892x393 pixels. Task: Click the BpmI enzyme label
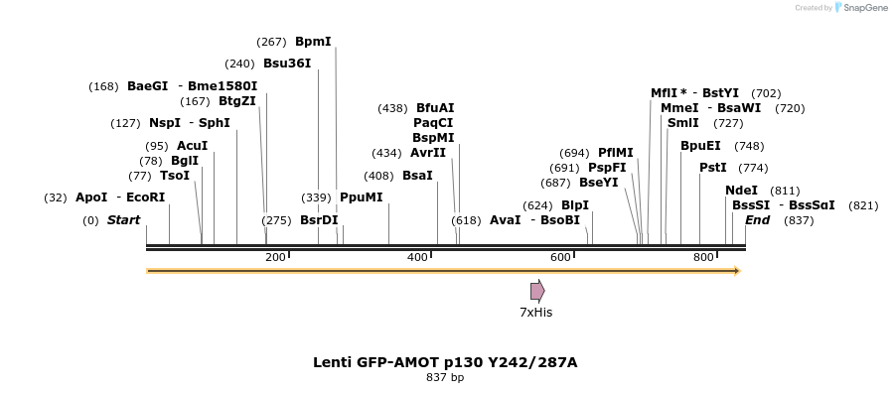tap(313, 42)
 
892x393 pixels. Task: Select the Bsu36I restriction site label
tap(287, 64)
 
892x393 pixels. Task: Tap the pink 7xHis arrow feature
tap(536, 291)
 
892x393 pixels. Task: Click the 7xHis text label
tap(535, 313)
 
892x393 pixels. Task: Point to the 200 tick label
tap(275, 258)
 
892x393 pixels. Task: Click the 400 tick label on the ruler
tap(417, 258)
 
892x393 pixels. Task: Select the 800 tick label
tap(703, 258)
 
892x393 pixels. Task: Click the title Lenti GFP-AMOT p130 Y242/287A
tap(445, 362)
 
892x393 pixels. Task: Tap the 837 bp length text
tap(445, 377)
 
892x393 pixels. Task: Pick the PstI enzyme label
tap(713, 168)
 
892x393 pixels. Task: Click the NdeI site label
tap(741, 191)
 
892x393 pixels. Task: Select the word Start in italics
tap(123, 220)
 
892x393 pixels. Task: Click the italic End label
tap(757, 220)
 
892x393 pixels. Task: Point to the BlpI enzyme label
tap(575, 205)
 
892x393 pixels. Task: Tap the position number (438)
tap(393, 108)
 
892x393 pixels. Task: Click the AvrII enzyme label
tap(428, 153)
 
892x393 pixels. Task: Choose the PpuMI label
tap(361, 197)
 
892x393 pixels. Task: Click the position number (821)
tap(863, 205)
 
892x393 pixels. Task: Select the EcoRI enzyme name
tap(145, 197)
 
